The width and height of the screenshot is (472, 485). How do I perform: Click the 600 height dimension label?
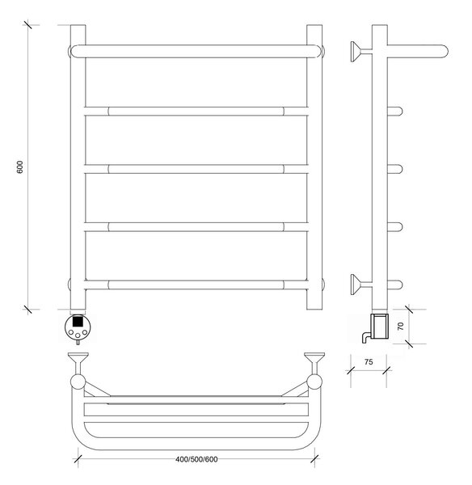(19, 167)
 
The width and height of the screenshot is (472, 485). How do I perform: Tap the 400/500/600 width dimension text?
(196, 459)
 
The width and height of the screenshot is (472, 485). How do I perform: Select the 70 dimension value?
(401, 326)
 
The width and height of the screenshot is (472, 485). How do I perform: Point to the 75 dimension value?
(369, 362)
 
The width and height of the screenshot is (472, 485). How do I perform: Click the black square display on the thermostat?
(78, 321)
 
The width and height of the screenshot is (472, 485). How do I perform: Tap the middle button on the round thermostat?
(78, 335)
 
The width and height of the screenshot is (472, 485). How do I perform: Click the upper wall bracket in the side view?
(360, 52)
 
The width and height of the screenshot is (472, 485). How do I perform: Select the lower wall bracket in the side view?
(360, 285)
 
